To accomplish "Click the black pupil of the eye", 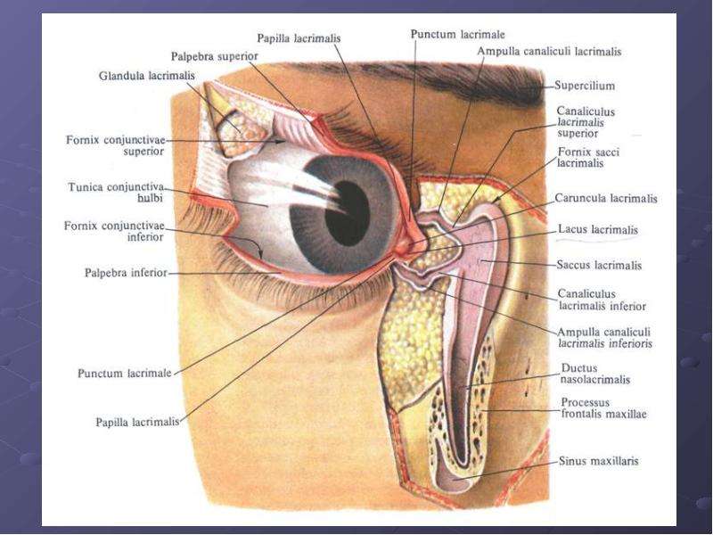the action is tap(348, 213).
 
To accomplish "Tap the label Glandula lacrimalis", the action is tap(146, 76).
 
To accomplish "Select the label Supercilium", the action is tap(585, 86).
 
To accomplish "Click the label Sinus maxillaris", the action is tap(598, 461).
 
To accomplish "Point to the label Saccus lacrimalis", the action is tap(599, 265).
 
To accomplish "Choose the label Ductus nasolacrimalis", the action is tap(595, 374).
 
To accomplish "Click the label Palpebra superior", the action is tap(214, 56).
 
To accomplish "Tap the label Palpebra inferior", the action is tap(126, 273).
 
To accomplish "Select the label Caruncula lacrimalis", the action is tap(606, 198).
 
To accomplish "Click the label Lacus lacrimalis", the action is tap(598, 229).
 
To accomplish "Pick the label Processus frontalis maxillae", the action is tap(603, 408).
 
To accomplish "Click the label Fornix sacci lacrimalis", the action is tap(588, 157).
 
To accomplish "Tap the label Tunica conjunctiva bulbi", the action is tap(116, 193).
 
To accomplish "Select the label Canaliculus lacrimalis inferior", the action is tap(602, 300).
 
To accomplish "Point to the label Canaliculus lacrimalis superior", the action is tap(586, 122).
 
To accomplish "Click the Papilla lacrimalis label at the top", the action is tap(299, 38).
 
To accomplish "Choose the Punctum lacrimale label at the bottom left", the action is tap(125, 373).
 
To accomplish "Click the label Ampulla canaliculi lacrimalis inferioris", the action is tap(605, 338).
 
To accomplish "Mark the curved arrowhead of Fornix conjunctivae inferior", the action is tap(260, 255).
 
